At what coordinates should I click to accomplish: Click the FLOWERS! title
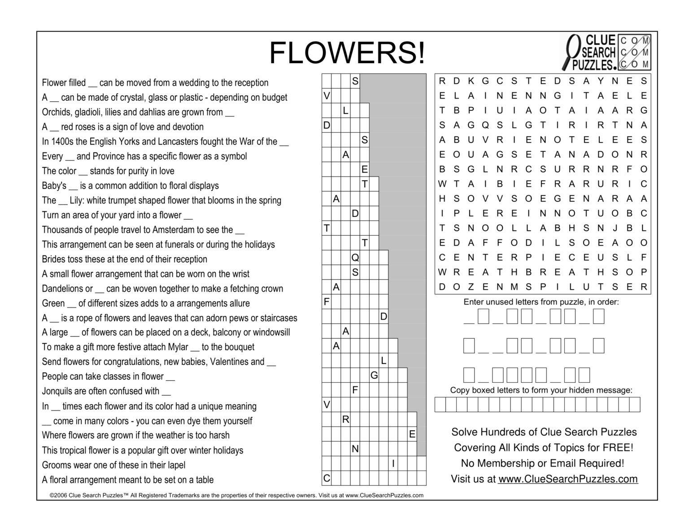(346, 53)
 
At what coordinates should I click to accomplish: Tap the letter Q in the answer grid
(355, 257)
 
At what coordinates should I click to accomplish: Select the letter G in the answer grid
(374, 376)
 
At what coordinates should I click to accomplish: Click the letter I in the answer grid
(393, 464)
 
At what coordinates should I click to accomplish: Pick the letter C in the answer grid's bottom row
(327, 478)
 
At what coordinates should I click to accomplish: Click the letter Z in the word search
(471, 287)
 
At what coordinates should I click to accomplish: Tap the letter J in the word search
(615, 228)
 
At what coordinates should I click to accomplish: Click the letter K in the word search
(471, 81)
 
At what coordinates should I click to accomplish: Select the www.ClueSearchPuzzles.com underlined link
(568, 479)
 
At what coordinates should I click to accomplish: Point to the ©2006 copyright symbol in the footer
(52, 495)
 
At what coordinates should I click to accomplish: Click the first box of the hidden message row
(440, 405)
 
